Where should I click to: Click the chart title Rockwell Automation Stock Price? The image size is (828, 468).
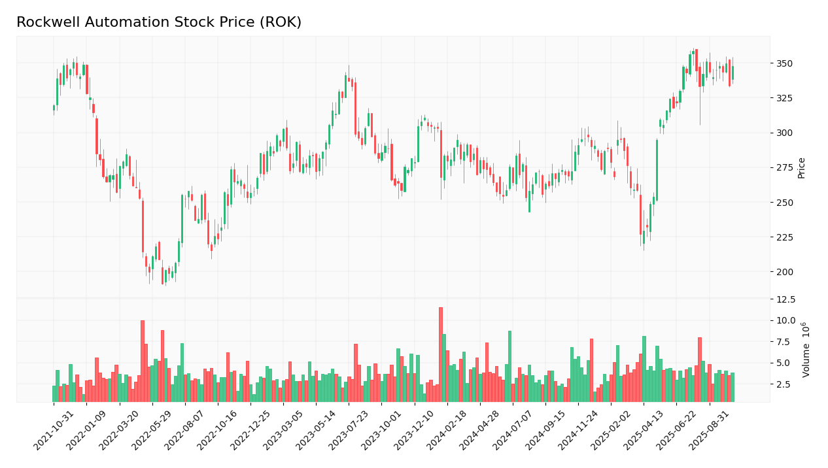(159, 23)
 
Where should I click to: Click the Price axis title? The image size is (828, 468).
(801, 167)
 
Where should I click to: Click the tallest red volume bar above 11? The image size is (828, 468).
(441, 354)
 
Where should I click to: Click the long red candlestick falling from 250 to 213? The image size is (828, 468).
(143, 226)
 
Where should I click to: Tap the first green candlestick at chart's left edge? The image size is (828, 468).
(54, 107)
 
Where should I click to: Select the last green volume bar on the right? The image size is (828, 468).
(733, 387)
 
